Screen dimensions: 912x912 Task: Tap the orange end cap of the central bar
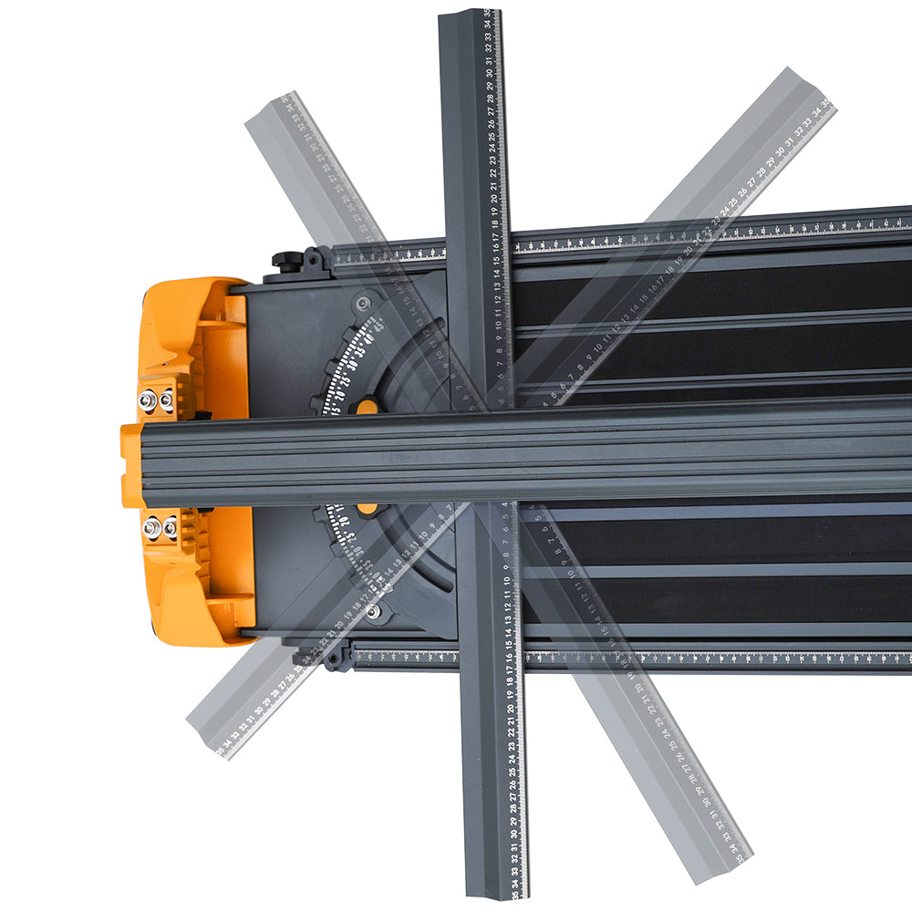coord(131,465)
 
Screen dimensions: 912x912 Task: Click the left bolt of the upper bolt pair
coord(146,399)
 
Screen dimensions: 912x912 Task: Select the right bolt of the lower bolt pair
coord(170,528)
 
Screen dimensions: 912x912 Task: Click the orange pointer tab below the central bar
coord(367,507)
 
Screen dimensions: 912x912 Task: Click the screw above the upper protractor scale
coord(364,302)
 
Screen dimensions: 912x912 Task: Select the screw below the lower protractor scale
coord(372,611)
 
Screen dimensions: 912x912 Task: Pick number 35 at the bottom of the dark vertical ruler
coord(516,895)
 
